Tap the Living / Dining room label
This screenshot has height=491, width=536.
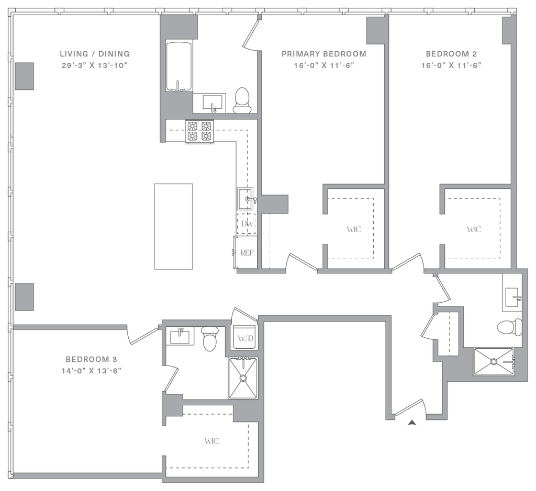click(94, 54)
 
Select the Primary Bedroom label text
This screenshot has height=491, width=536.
click(323, 54)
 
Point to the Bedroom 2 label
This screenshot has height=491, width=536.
click(451, 54)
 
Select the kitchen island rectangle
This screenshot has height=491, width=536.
click(173, 226)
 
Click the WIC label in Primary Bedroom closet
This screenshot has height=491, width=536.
click(354, 229)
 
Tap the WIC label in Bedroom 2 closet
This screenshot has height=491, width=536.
click(474, 229)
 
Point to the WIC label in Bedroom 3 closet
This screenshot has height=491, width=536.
click(212, 441)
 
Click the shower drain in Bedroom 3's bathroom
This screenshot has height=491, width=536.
click(243, 377)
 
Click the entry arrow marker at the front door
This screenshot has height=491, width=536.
click(412, 423)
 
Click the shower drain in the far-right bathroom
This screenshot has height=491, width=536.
click(493, 361)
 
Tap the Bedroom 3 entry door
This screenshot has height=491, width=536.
click(143, 335)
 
